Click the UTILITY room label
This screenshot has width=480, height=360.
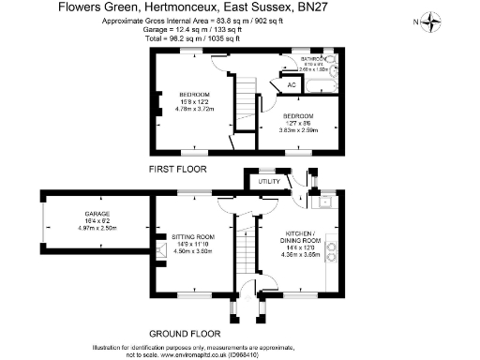pos(271,180)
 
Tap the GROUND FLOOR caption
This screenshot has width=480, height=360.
pos(184,333)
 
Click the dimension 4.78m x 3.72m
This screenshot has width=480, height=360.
pos(195,109)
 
